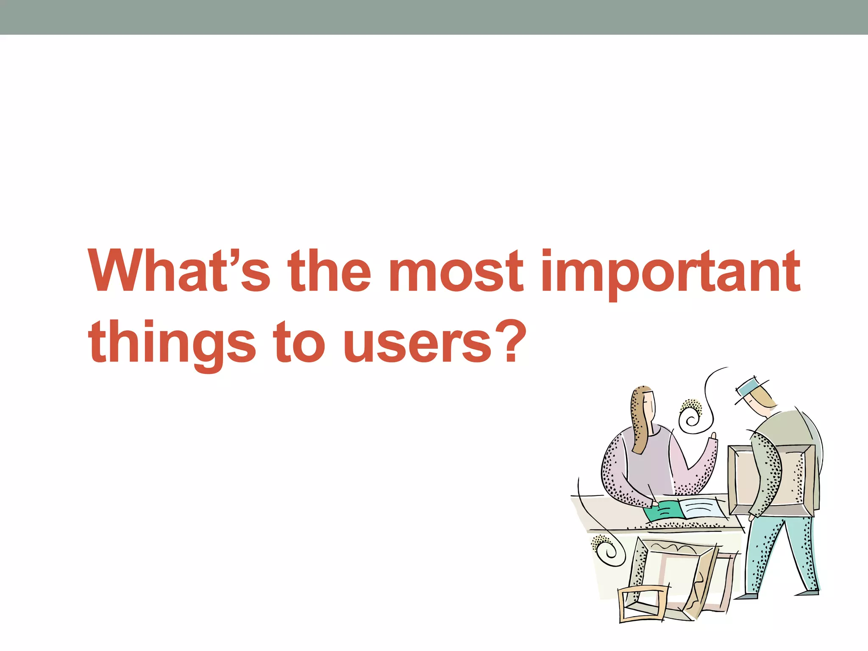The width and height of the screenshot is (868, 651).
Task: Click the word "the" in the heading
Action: point(329,271)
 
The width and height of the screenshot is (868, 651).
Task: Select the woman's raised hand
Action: point(713,438)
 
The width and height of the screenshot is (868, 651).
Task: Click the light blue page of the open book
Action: point(701,509)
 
